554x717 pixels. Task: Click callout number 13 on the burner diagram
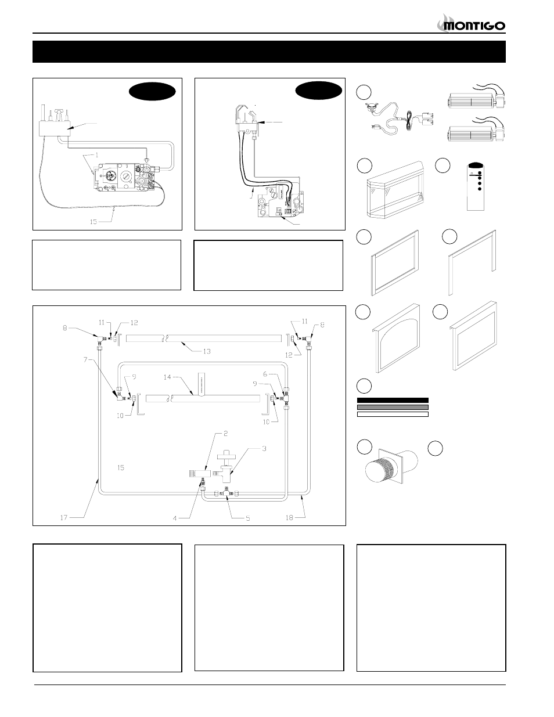pyautogui.click(x=207, y=351)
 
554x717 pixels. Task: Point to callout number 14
pyautogui.click(x=167, y=377)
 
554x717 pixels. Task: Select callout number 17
pyautogui.click(x=64, y=518)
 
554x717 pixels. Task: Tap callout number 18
pyautogui.click(x=289, y=518)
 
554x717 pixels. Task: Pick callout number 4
pyautogui.click(x=175, y=518)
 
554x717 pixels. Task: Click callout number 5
pyautogui.click(x=248, y=518)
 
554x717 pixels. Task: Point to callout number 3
pyautogui.click(x=264, y=449)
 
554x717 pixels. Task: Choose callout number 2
pyautogui.click(x=226, y=433)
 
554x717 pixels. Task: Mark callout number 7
pyautogui.click(x=85, y=359)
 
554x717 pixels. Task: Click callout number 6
pyautogui.click(x=265, y=374)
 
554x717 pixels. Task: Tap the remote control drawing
pyautogui.click(x=476, y=186)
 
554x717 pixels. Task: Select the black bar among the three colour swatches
pyautogui.click(x=393, y=400)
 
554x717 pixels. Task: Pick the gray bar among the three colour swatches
pyautogui.click(x=393, y=407)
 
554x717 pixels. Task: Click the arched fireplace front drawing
pyautogui.click(x=396, y=338)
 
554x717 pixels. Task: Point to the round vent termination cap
pyautogui.click(x=379, y=475)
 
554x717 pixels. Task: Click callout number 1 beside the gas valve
pyautogui.click(x=96, y=154)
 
